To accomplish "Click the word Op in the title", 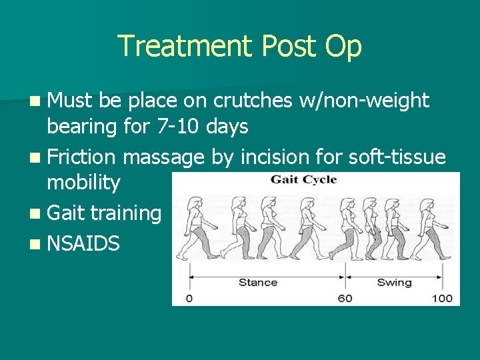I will click(343, 47).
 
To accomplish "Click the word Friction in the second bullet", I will click(83, 157).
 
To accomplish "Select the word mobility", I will click(83, 182).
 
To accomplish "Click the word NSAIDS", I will click(83, 244).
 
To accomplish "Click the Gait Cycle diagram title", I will click(303, 179).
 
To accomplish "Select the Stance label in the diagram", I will click(257, 282).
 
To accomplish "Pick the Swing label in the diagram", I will click(394, 282).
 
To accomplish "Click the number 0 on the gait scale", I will click(189, 298).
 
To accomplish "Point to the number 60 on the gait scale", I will click(345, 298).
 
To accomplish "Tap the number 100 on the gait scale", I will click(441, 298).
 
